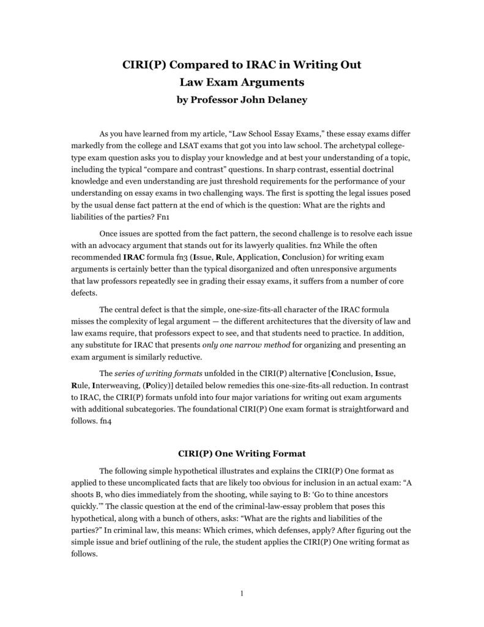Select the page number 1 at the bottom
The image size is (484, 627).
coord(242,593)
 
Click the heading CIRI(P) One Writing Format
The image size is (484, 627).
coord(242,453)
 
